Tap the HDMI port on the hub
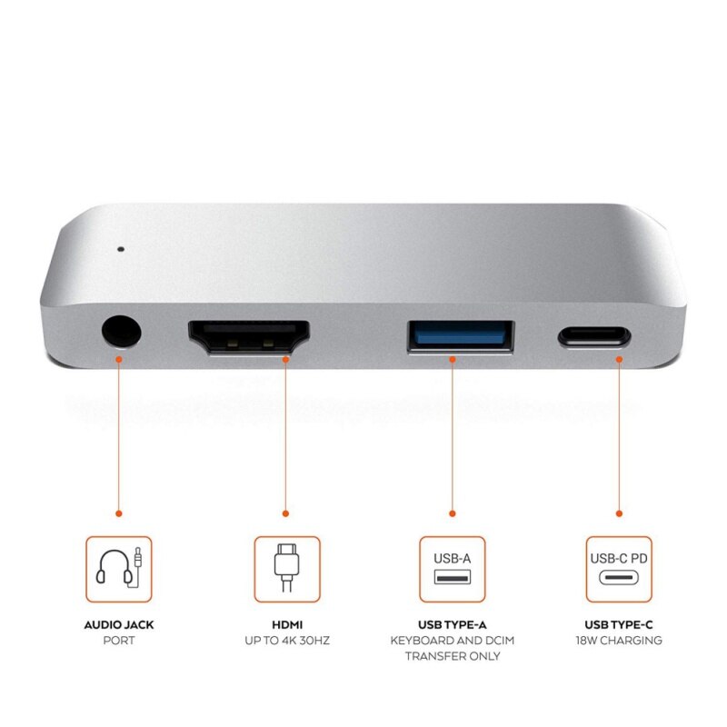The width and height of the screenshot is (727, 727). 249,338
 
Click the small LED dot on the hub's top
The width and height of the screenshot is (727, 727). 120,245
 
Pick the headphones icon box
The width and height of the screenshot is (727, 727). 119,569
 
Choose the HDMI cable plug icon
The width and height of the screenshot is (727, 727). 286,569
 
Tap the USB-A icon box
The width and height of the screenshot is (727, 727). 453,569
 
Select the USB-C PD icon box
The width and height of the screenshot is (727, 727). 619,569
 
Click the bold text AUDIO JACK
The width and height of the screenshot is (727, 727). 119,625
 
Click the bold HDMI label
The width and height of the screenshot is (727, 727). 286,625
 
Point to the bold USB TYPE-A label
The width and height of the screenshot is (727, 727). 453,625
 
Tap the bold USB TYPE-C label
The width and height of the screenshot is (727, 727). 619,625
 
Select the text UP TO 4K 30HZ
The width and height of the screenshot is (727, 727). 286,641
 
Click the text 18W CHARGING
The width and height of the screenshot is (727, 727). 619,641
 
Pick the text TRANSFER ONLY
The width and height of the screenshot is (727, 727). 453,656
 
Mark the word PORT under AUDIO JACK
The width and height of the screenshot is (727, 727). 119,641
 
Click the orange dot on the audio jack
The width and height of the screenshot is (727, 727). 118,358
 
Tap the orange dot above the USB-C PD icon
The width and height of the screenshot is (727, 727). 619,513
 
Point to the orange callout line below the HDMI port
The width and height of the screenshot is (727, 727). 286,436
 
